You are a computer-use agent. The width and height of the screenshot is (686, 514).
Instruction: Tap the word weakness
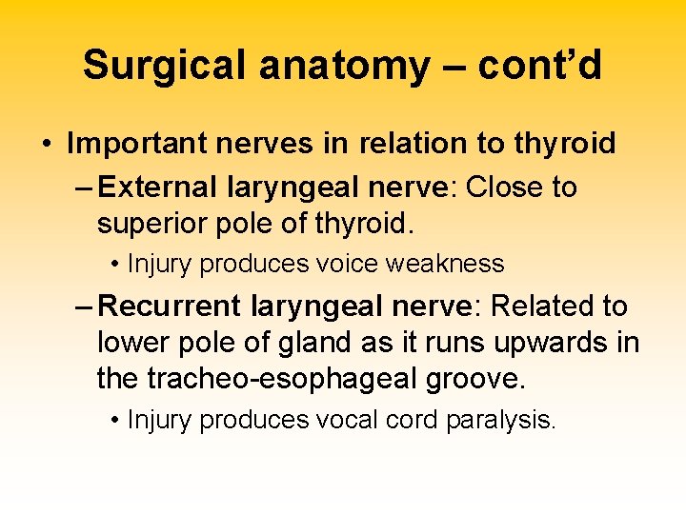450,264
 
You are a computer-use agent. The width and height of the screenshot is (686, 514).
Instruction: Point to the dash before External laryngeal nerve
82,188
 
